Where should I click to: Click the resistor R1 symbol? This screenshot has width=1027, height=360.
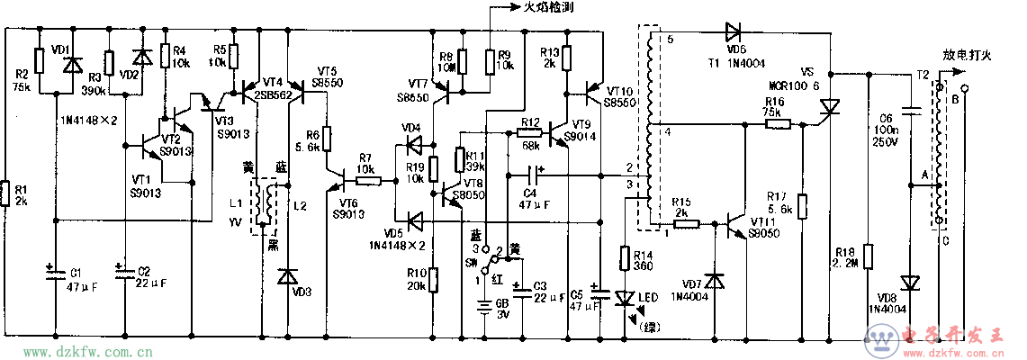tap(6, 192)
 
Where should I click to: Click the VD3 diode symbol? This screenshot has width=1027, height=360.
tap(288, 275)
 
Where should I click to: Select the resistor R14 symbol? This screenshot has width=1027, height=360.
tap(624, 259)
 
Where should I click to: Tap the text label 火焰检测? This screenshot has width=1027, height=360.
tap(551, 7)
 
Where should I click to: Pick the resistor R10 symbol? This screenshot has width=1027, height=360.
tap(433, 280)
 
